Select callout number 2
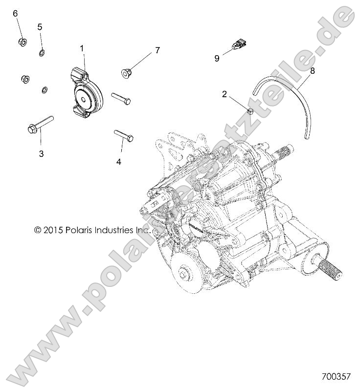pyautogui.click(x=225, y=94)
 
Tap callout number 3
pyautogui.click(x=41, y=153)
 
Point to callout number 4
pyautogui.click(x=118, y=162)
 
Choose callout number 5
pyautogui.click(x=40, y=26)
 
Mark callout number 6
pyautogui.click(x=15, y=13)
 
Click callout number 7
pyautogui.click(x=157, y=50)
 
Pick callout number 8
pyautogui.click(x=312, y=70)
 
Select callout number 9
pyautogui.click(x=217, y=58)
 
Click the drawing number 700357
pyautogui.click(x=337, y=377)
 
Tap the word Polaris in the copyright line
pyautogui.click(x=84, y=229)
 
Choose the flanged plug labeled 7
pyautogui.click(x=126, y=73)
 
